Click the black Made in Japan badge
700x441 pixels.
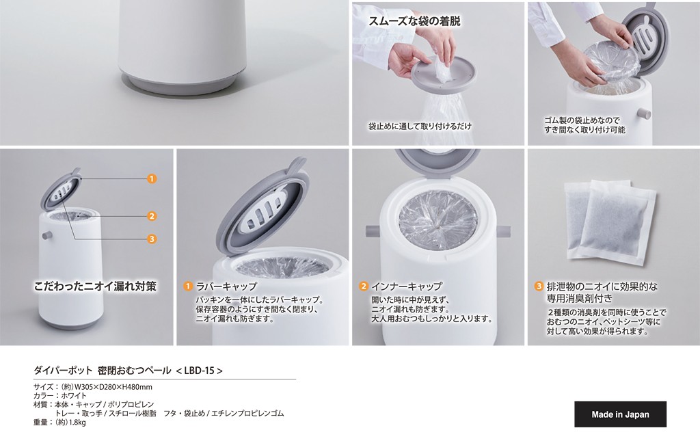click(x=620, y=414)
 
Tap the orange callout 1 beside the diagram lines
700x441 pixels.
click(x=152, y=178)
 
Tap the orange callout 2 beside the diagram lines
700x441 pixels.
click(x=152, y=216)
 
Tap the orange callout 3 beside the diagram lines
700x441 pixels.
click(x=152, y=239)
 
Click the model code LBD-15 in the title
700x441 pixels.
click(x=199, y=371)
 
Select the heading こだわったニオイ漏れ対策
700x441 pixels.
click(x=95, y=286)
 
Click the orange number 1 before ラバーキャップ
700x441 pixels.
click(x=189, y=286)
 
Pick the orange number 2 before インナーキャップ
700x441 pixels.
click(x=364, y=286)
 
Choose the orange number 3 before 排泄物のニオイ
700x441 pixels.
click(x=539, y=286)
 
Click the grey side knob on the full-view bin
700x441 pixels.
click(x=46, y=235)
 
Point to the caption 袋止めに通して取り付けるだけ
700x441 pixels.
click(x=420, y=126)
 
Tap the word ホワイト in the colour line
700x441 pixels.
click(x=74, y=395)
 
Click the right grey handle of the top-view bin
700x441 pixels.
click(x=506, y=232)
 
